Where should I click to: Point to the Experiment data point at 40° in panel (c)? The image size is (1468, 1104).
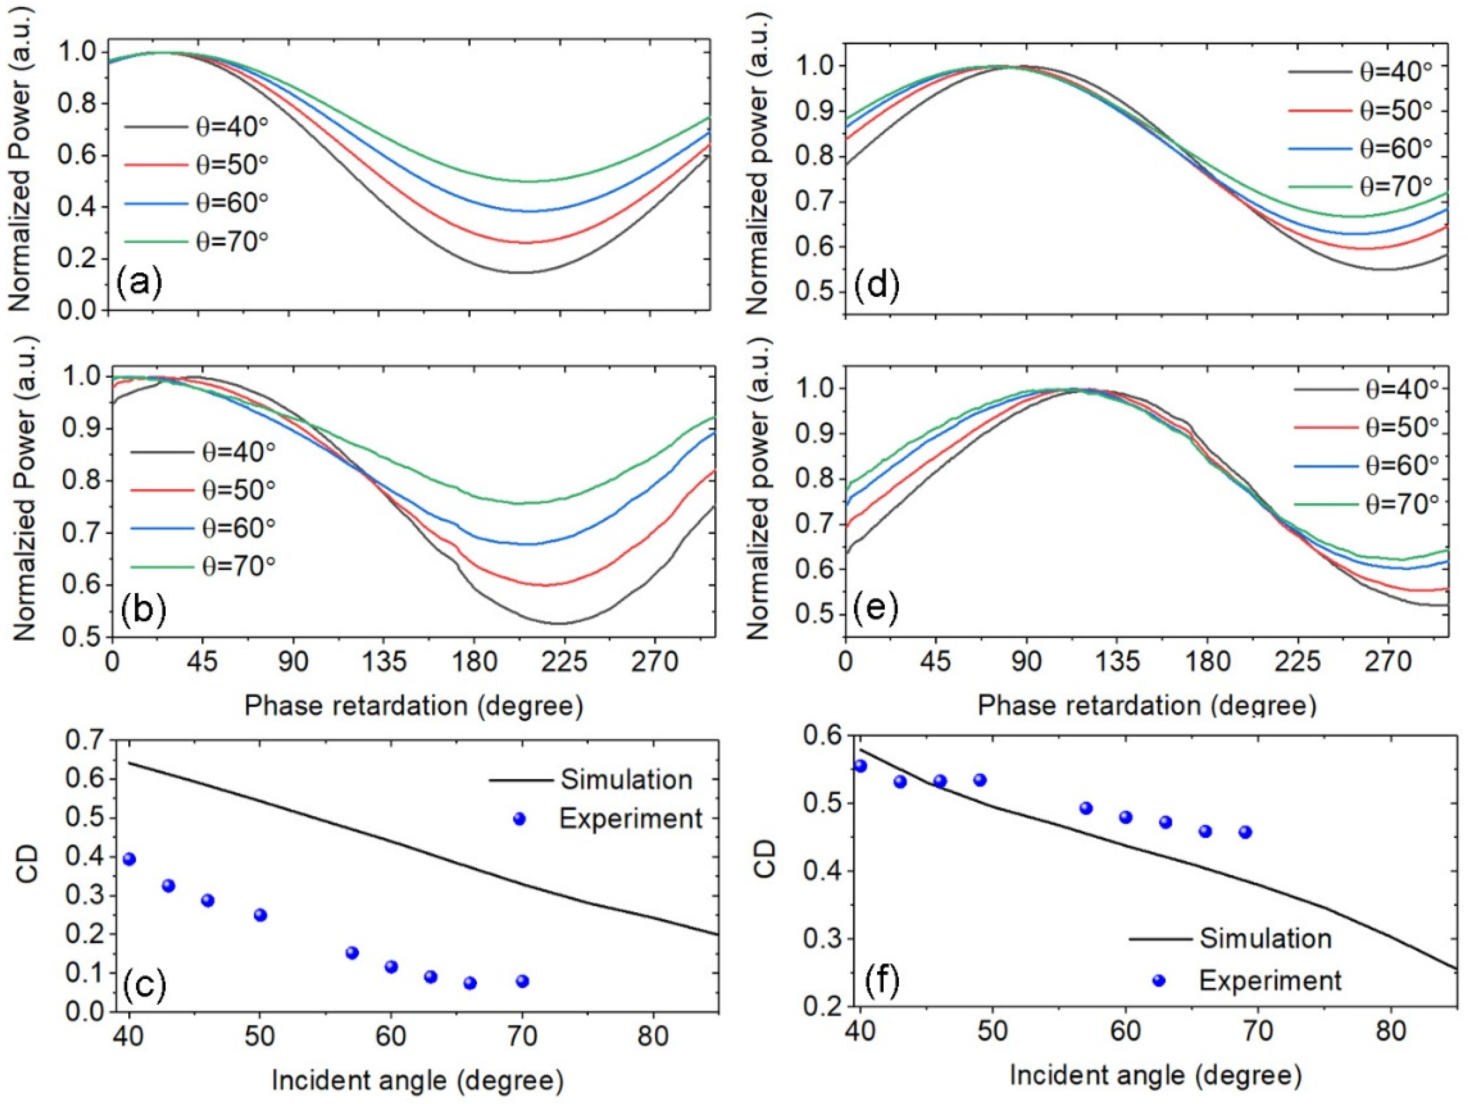click(x=129, y=859)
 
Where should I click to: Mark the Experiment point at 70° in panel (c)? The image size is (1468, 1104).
click(x=522, y=981)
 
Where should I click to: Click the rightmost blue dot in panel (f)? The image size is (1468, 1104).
click(x=1245, y=832)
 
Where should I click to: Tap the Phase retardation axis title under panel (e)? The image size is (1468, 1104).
click(x=1146, y=706)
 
